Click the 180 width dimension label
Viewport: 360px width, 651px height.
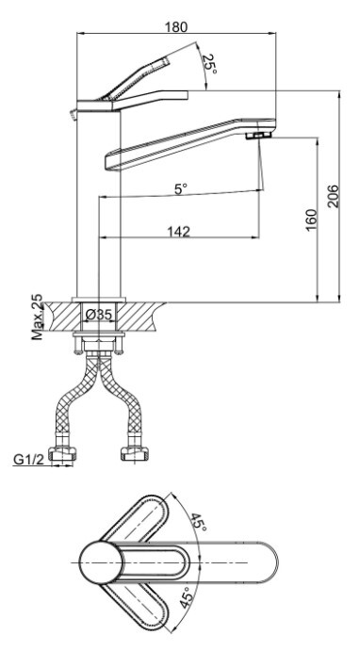point(176,27)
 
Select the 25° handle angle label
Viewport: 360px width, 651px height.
point(210,64)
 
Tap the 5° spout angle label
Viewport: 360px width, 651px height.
point(181,189)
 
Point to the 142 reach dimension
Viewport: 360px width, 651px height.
point(178,231)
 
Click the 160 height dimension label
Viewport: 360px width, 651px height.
point(311,220)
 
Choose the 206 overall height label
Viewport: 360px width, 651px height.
point(333,196)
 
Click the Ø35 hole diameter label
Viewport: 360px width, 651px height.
point(98,315)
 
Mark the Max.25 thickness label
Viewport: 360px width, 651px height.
point(37,317)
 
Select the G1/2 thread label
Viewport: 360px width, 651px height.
point(28,460)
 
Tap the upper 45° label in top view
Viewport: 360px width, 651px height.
point(199,522)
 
